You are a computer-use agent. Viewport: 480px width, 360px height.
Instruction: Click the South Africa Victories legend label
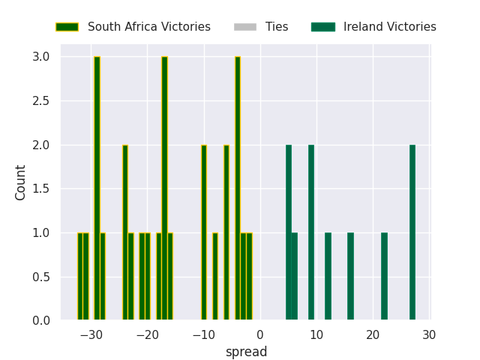click(x=148, y=27)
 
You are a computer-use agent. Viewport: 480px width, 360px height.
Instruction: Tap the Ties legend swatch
click(x=245, y=27)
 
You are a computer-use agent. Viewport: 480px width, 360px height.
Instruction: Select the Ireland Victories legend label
click(x=389, y=27)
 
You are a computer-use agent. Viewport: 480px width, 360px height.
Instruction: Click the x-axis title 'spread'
click(x=246, y=352)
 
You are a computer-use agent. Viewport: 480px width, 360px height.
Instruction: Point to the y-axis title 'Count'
click(x=21, y=182)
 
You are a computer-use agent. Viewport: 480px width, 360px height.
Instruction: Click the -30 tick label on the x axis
click(x=91, y=334)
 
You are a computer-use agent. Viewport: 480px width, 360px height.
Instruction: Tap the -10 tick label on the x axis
click(x=203, y=334)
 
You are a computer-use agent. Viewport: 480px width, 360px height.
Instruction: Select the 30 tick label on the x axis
click(x=429, y=334)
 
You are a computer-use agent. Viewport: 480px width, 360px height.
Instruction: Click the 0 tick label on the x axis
click(x=260, y=334)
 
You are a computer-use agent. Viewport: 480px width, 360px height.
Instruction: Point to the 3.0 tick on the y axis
click(x=41, y=57)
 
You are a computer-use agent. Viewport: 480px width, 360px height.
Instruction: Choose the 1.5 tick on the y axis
click(x=41, y=189)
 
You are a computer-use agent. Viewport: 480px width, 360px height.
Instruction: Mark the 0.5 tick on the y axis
click(x=41, y=277)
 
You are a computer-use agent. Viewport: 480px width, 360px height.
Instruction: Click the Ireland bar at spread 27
click(x=412, y=232)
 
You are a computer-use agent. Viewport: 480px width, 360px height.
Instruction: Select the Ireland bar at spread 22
click(x=384, y=277)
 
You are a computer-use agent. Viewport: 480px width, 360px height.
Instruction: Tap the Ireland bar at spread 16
click(x=350, y=277)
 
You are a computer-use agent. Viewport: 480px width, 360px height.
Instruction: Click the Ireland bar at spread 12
click(x=328, y=277)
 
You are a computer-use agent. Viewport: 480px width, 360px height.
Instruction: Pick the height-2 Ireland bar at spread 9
click(x=311, y=232)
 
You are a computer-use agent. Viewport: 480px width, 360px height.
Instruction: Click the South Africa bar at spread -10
click(x=204, y=232)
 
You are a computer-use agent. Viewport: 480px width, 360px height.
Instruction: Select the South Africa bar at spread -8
click(x=215, y=277)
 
